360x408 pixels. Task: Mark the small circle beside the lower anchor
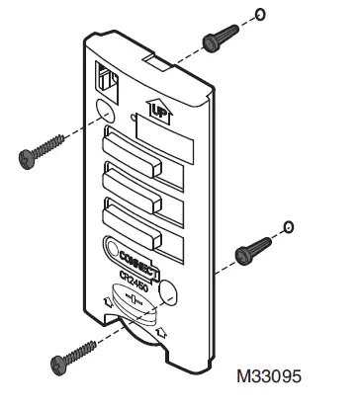(287, 227)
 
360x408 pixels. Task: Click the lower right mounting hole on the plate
(168, 291)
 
